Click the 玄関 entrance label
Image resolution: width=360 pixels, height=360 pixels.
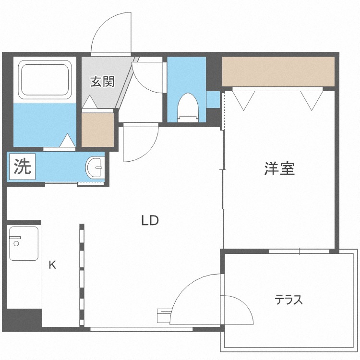pyautogui.click(x=102, y=82)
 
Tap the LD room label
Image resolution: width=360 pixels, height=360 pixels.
pyautogui.click(x=150, y=221)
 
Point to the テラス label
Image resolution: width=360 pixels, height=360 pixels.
pyautogui.click(x=288, y=300)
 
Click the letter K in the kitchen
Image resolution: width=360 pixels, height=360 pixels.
pyautogui.click(x=52, y=265)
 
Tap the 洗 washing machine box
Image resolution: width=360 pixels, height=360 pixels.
pyautogui.click(x=22, y=167)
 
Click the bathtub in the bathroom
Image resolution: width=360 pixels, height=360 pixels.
pyautogui.click(x=45, y=80)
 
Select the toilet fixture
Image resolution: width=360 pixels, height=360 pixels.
pyautogui.click(x=188, y=108)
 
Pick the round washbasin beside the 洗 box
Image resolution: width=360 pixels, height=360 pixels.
pyautogui.click(x=95, y=168)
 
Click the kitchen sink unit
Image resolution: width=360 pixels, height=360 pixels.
pyautogui.click(x=24, y=243)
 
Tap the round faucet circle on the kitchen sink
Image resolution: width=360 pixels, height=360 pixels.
pyautogui.click(x=16, y=243)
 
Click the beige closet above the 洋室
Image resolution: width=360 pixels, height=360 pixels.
pyautogui.click(x=278, y=72)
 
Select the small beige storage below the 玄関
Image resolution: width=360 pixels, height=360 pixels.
pyautogui.click(x=98, y=130)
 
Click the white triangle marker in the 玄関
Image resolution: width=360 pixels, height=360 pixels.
pyautogui.click(x=90, y=102)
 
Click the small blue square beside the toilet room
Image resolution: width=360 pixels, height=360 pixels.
pyautogui.click(x=213, y=99)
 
